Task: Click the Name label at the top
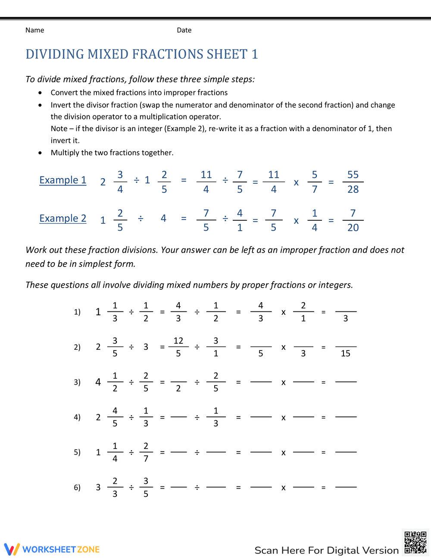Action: [x=34, y=30]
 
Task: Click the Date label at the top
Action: [x=184, y=30]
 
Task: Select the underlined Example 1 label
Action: [x=63, y=180]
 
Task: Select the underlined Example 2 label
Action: [x=63, y=219]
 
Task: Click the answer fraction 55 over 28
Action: [x=353, y=182]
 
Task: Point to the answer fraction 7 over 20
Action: [x=353, y=220]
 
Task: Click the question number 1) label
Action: [x=77, y=312]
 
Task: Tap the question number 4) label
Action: [x=77, y=417]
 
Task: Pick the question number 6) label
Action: [x=77, y=487]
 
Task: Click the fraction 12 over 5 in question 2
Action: [x=178, y=347]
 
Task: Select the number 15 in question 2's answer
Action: [x=346, y=354]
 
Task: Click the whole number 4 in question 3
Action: [x=98, y=382]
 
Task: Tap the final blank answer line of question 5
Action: [x=346, y=452]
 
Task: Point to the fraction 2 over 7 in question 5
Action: [x=146, y=452]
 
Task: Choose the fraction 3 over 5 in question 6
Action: [x=146, y=487]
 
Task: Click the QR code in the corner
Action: [x=415, y=542]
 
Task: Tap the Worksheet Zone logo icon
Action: [x=12, y=549]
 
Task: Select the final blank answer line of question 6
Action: [x=346, y=487]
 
